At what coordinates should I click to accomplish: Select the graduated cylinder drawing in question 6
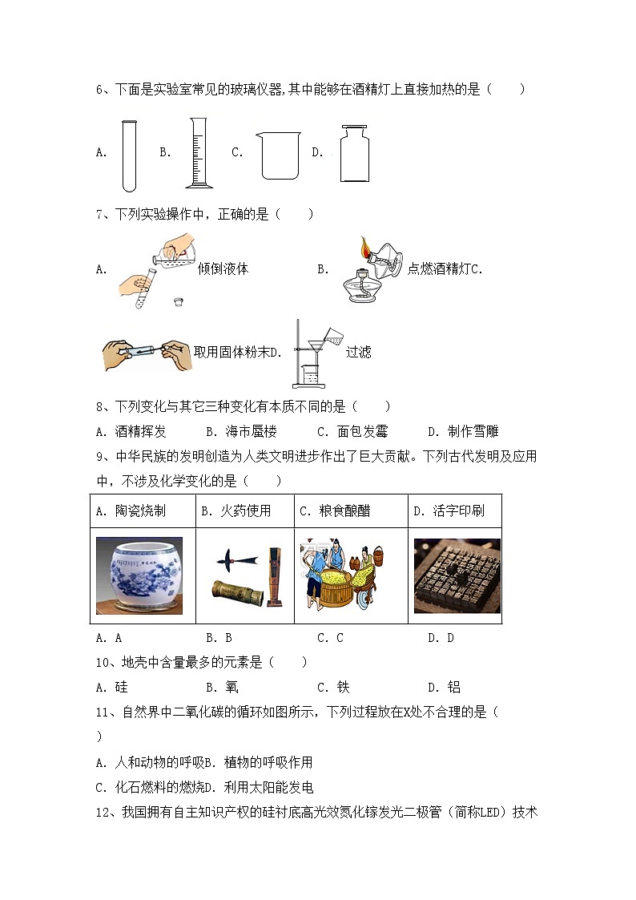[x=199, y=153]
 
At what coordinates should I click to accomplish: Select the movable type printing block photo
[x=457, y=575]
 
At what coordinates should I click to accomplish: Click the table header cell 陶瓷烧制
[x=138, y=511]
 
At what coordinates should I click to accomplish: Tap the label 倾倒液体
[x=223, y=269]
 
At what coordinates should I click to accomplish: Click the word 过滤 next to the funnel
[x=358, y=352]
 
